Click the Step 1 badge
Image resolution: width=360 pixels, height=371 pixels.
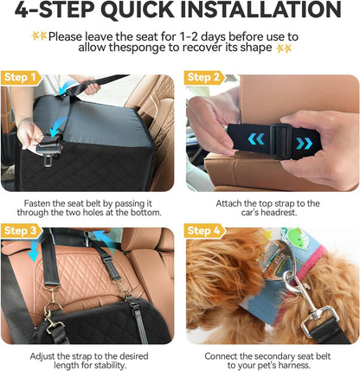click(21, 78)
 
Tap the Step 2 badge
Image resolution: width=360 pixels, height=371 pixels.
click(204, 78)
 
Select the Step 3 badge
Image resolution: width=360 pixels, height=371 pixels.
click(22, 231)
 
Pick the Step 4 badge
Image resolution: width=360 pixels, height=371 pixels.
click(205, 231)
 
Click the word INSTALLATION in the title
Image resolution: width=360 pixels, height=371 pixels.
click(261, 10)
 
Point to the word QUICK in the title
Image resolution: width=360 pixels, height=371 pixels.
click(138, 10)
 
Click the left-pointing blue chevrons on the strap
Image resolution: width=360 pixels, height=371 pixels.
click(256, 139)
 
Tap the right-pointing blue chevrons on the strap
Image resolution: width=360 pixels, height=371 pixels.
click(304, 143)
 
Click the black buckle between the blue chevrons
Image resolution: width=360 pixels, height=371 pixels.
click(280, 141)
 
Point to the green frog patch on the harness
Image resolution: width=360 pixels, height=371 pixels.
click(296, 234)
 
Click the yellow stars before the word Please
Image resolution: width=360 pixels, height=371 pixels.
click(39, 36)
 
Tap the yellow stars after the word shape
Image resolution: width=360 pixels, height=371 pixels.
click(284, 48)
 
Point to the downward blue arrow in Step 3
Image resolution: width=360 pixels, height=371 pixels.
click(33, 251)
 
